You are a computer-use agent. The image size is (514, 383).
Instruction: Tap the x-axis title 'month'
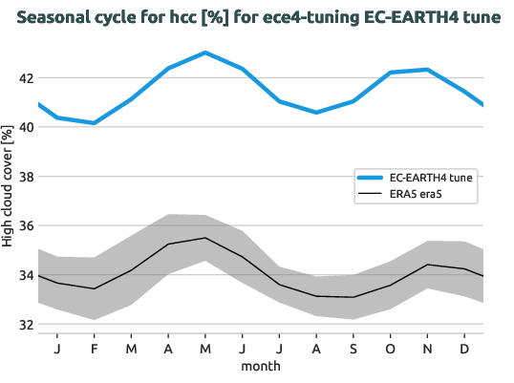(x=260, y=366)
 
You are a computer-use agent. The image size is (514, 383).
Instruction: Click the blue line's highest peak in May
(x=204, y=53)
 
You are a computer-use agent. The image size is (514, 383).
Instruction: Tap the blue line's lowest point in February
(x=94, y=123)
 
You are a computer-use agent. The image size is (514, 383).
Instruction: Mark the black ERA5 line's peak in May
(x=204, y=238)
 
